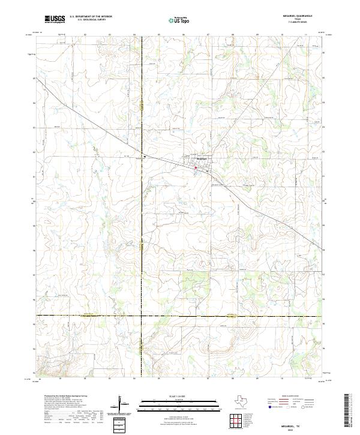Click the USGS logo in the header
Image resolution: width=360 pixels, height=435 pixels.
pyautogui.click(x=54, y=20)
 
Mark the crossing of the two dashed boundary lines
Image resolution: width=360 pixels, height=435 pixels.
pyautogui.click(x=142, y=315)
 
